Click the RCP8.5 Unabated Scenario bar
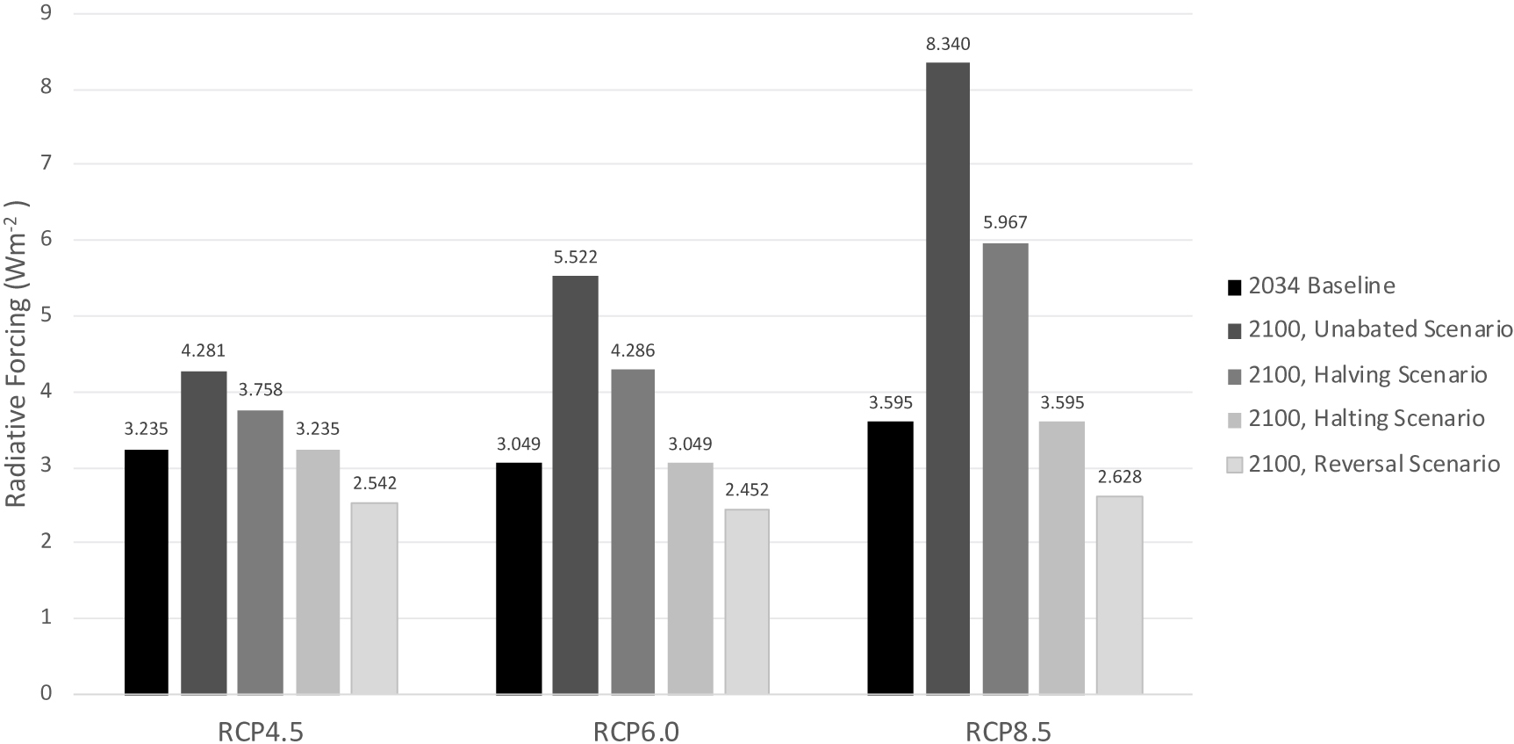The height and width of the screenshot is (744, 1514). coord(947,378)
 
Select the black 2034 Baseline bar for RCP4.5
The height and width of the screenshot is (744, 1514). coord(147,572)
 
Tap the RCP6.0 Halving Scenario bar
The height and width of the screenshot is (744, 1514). coord(633,531)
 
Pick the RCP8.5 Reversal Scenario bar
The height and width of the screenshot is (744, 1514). coord(1119,595)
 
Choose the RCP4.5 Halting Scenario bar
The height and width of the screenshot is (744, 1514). coord(318,572)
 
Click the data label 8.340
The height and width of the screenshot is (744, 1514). coord(948,44)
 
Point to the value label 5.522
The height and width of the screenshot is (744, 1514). coord(576,257)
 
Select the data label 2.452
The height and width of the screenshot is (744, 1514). coord(747,490)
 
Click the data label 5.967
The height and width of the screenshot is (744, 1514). coord(1005,223)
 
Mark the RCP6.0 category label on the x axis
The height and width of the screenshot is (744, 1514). coord(635,731)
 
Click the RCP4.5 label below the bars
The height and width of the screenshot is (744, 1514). coord(262,731)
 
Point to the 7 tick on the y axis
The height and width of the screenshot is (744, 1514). coord(46,163)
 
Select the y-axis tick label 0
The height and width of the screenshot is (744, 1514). coord(46,694)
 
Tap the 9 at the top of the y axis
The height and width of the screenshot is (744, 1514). coord(46,13)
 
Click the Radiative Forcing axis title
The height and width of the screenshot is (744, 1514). coord(18,354)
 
